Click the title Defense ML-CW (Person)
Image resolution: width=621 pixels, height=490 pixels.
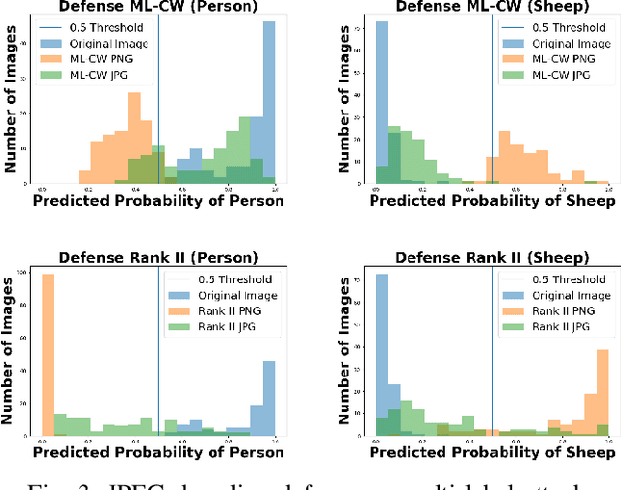pos(158,7)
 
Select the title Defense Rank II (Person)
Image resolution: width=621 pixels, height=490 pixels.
pos(158,258)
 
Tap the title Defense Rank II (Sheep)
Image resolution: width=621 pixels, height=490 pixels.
pos(493,258)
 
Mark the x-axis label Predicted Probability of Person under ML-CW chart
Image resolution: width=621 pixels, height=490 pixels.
pos(158,201)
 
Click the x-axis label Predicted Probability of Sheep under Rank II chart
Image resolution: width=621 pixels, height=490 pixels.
pos(493,452)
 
